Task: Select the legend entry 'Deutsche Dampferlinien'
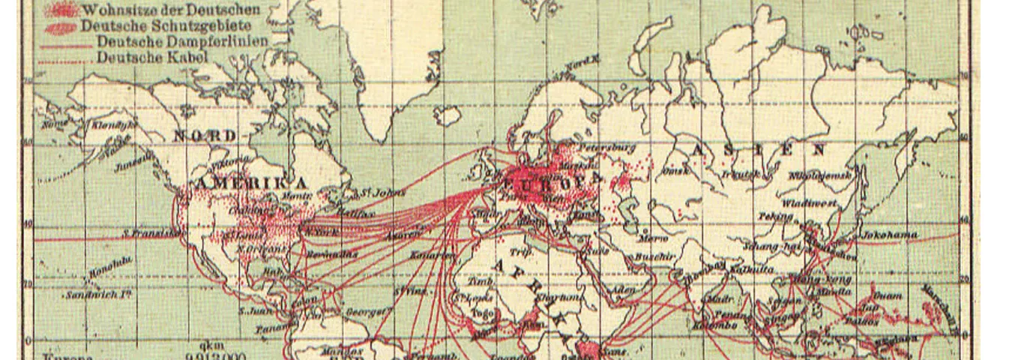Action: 182,41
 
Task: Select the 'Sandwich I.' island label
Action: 98,295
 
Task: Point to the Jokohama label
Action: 889,235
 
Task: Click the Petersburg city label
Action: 609,148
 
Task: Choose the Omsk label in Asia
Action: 676,171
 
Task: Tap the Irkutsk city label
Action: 740,174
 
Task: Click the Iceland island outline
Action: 448,115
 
